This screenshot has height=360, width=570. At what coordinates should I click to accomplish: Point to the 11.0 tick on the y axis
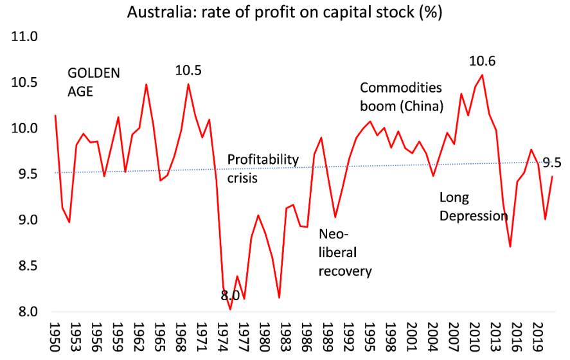coord(25,37)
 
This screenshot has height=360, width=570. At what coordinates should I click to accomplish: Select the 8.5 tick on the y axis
coord(25,266)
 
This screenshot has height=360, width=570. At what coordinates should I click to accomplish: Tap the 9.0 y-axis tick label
coord(25,221)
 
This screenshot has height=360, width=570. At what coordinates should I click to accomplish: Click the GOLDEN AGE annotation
coord(93,82)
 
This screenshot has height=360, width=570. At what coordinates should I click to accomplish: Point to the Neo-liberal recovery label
coord(345,252)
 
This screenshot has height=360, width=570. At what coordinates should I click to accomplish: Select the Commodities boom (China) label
coord(401,96)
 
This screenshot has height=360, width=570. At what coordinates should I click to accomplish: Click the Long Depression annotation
coord(474,206)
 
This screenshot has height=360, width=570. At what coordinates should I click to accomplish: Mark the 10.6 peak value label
coord(483,61)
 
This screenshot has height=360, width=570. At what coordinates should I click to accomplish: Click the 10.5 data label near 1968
coord(188,70)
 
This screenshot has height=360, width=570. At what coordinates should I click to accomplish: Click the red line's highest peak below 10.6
coord(482,75)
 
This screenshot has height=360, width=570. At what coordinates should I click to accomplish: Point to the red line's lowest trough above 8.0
coord(229,309)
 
